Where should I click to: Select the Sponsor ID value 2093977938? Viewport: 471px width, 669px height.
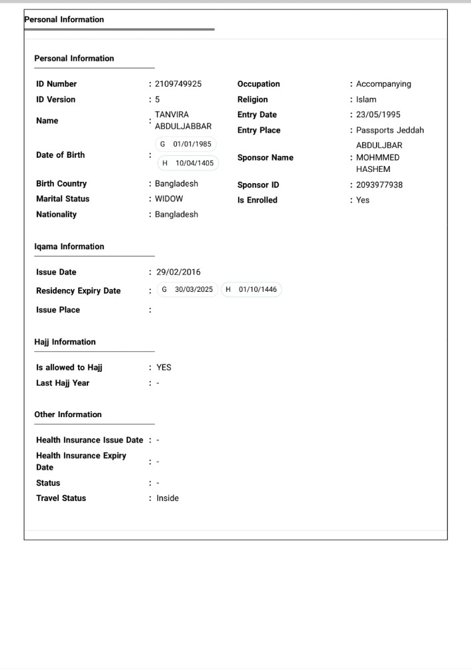pos(379,185)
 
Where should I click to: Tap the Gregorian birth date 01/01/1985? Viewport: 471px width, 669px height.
pos(186,145)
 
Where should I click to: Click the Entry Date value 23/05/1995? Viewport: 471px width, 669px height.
pos(378,115)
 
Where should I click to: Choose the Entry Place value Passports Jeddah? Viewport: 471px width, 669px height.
pos(390,130)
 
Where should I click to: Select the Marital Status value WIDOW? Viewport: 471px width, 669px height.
pos(169,199)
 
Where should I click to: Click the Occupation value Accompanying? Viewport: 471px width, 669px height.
pos(384,84)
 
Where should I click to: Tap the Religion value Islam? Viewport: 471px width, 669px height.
pos(366,99)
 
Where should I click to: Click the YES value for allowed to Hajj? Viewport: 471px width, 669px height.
pos(164,367)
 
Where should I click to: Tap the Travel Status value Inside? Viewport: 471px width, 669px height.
pos(167,498)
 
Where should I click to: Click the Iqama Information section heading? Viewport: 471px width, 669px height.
pos(69,247)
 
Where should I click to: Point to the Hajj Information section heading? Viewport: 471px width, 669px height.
pos(65,342)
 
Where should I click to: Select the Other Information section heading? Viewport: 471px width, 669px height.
pos(68,414)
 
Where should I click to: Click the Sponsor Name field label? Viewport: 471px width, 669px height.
pos(265,158)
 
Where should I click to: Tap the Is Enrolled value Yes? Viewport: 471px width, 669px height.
pos(362,200)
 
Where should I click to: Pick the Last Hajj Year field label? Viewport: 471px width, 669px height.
pos(63,383)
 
